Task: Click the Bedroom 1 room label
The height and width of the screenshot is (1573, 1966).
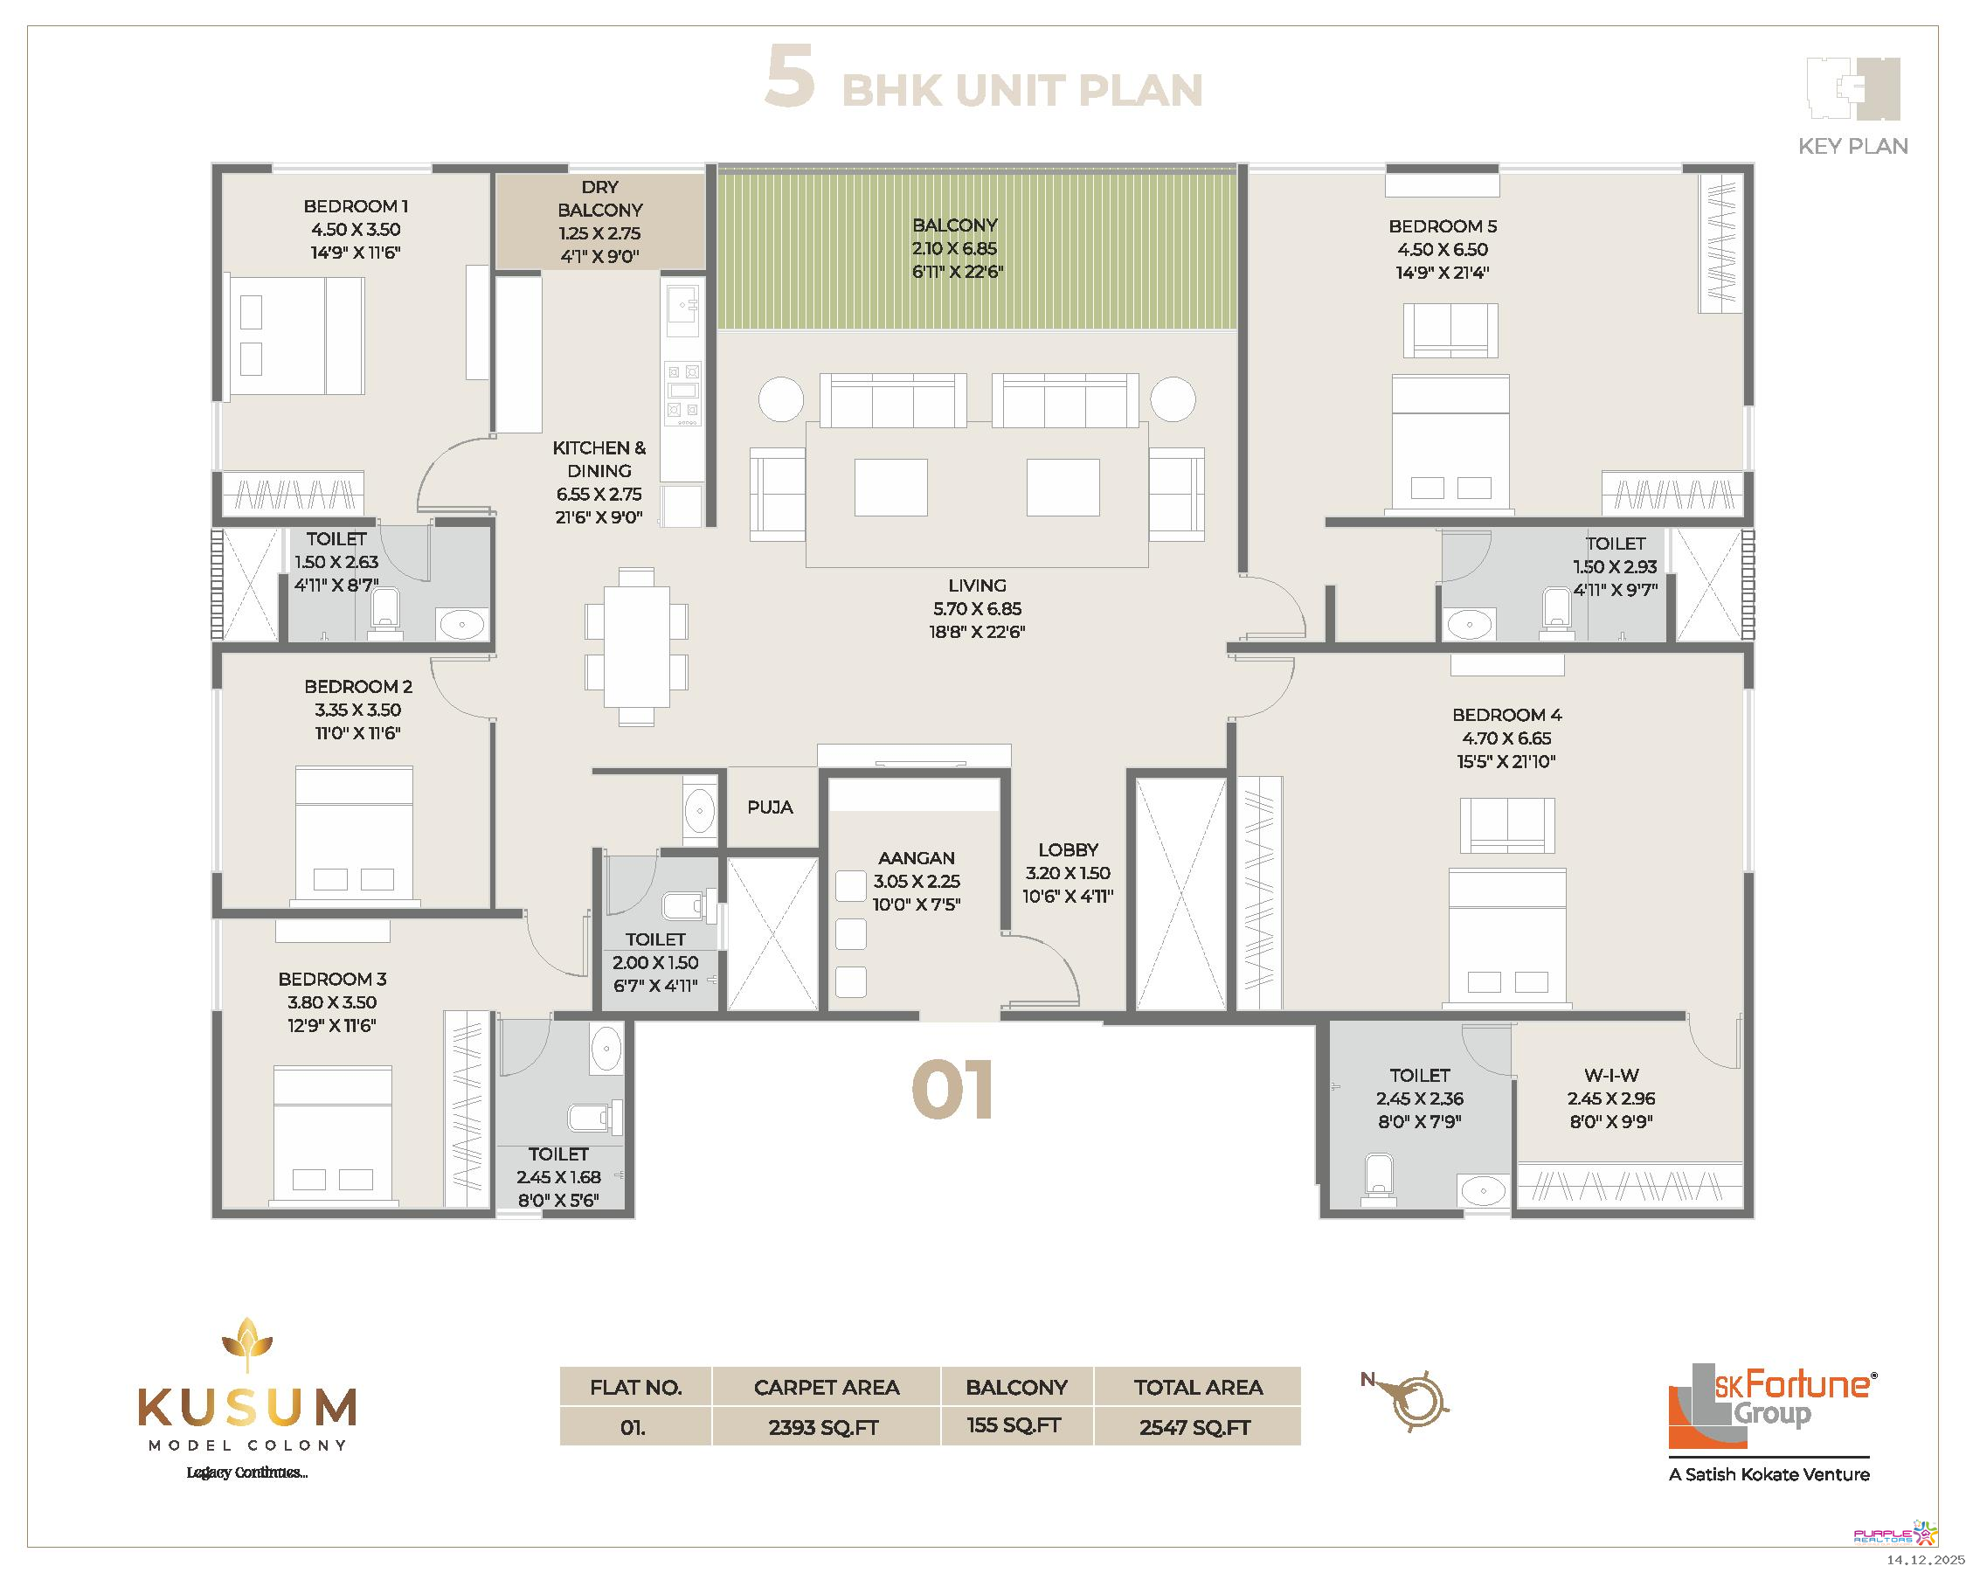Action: (356, 206)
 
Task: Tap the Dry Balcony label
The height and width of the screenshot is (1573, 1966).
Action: (600, 197)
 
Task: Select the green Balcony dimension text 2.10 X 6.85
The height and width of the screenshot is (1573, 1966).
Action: (955, 248)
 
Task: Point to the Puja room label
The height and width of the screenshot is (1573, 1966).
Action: (770, 807)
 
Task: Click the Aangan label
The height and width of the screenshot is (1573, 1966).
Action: (917, 858)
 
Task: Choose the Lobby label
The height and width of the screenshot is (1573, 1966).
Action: (1068, 850)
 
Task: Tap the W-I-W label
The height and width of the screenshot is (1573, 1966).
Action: (1611, 1075)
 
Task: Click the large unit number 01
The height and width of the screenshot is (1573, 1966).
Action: (953, 1090)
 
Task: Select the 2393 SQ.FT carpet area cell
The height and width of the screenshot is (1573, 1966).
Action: (824, 1428)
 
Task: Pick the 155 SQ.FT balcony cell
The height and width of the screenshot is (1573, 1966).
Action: (1015, 1426)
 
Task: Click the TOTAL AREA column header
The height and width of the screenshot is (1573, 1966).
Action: (1198, 1387)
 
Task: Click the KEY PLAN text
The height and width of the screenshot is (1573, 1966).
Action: (1853, 146)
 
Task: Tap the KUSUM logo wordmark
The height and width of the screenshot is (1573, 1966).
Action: (247, 1408)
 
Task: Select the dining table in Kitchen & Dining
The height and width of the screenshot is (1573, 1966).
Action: (636, 647)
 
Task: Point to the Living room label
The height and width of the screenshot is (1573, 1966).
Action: (978, 586)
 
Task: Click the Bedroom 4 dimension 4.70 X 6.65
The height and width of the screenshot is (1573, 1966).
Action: (1506, 738)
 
